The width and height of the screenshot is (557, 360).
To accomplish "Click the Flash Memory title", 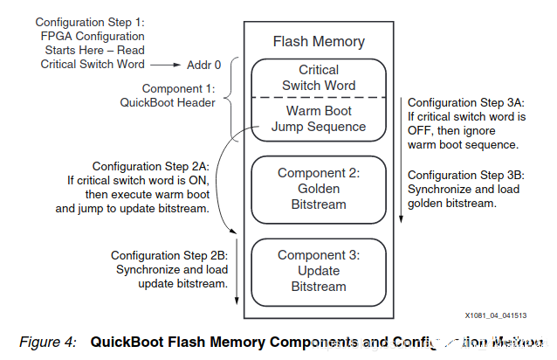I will click(319, 41).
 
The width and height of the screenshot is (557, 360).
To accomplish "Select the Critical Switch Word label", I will click(318, 78).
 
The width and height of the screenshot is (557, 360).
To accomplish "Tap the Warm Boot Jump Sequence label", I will click(318, 120).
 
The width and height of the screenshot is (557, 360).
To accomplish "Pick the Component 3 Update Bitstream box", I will click(319, 271).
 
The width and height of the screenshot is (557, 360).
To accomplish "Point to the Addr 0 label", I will click(205, 65).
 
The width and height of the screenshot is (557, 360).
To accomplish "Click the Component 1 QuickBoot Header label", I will click(167, 95).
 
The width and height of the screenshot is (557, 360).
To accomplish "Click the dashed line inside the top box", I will click(318, 99).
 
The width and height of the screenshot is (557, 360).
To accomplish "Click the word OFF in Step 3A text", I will click(422, 129).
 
